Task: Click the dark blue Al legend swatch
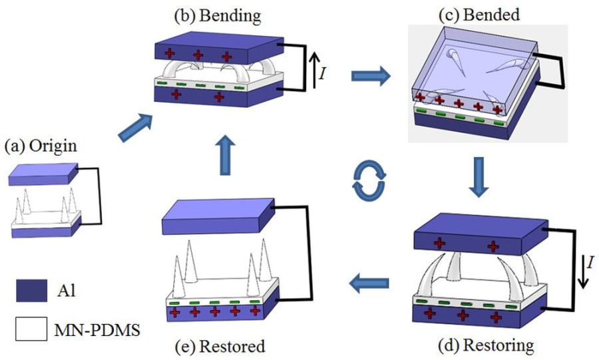(x=29, y=290)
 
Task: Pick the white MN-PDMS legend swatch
(x=29, y=329)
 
